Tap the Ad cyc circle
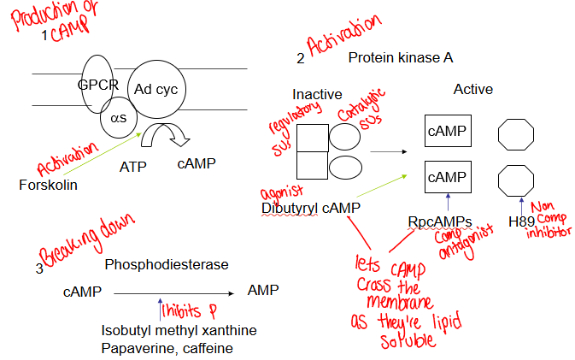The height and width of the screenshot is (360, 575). tap(154, 90)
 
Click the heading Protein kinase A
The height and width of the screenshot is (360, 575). tap(400, 58)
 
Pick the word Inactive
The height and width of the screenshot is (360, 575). tap(317, 93)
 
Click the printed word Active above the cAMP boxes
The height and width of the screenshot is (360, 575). tap(472, 89)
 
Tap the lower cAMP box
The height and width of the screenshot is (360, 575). tap(447, 178)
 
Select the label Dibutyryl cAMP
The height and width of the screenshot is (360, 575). tap(310, 208)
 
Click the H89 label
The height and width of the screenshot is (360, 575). tap(521, 221)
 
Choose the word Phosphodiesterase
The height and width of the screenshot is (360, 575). tap(167, 265)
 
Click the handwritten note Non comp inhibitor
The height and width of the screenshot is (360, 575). tap(549, 220)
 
